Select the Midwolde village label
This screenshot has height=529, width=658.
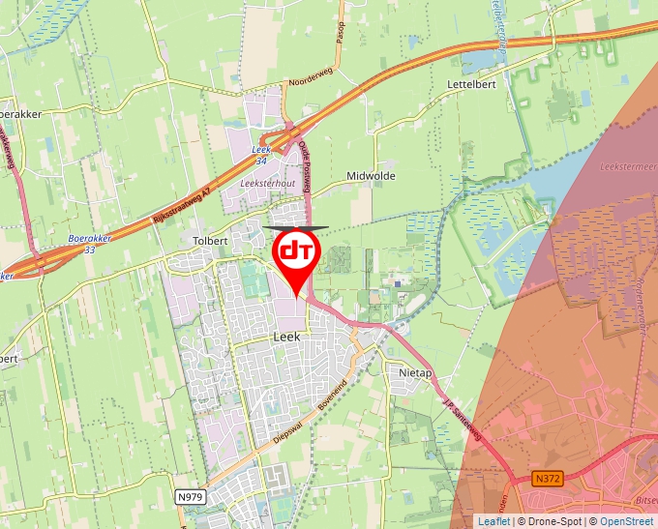pyautogui.click(x=371, y=177)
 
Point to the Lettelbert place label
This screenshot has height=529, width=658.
pyautogui.click(x=471, y=85)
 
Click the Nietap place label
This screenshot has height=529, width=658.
pyautogui.click(x=414, y=371)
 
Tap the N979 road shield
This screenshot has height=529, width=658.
pyautogui.click(x=192, y=496)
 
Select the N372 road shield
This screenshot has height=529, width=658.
pyautogui.click(x=547, y=478)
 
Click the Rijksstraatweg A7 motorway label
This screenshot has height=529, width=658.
pyautogui.click(x=183, y=206)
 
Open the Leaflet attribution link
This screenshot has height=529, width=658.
pyautogui.click(x=493, y=521)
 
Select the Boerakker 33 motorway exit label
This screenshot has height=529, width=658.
pyautogui.click(x=89, y=243)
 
